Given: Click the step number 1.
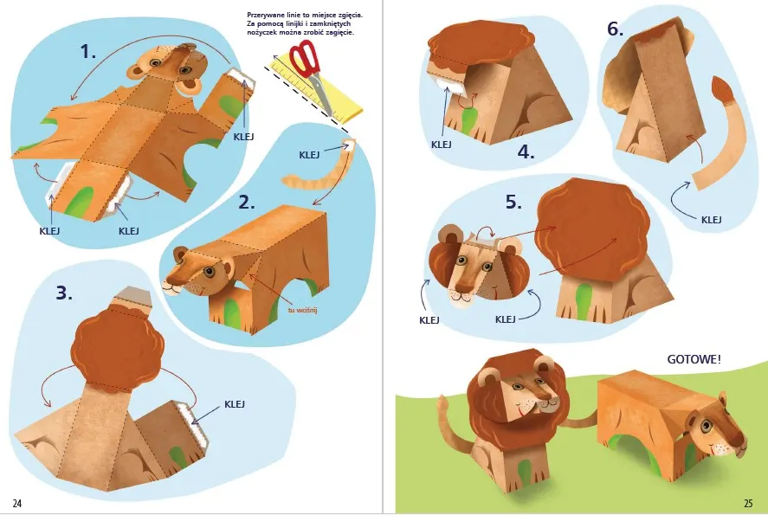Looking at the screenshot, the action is tap(88, 51).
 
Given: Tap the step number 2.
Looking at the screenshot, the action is tap(247, 202).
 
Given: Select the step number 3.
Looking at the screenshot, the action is tap(64, 293).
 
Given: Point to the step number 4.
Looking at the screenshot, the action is tap(526, 152).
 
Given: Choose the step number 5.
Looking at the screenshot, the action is tap(513, 202).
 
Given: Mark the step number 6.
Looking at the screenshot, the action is tap(616, 29).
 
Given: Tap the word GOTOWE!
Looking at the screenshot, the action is tap(694, 359).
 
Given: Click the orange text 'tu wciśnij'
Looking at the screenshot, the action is tap(303, 309).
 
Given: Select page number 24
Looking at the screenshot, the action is tap(17, 503).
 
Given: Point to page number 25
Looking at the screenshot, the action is tap(748, 503).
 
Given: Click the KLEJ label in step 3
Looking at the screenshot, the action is tap(235, 404).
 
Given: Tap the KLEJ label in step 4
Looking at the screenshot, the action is tap(442, 145).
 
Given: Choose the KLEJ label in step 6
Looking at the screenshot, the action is tap(711, 220).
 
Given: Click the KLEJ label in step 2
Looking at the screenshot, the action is tap(309, 155).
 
